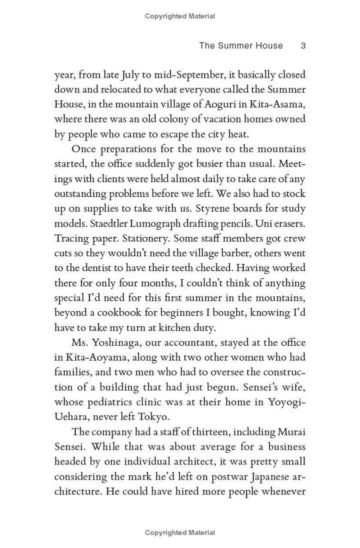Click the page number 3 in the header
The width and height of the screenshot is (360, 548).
pyautogui.click(x=303, y=46)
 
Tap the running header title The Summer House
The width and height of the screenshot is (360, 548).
pyautogui.click(x=240, y=46)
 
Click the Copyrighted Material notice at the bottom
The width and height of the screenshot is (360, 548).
pyautogui.click(x=180, y=533)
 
